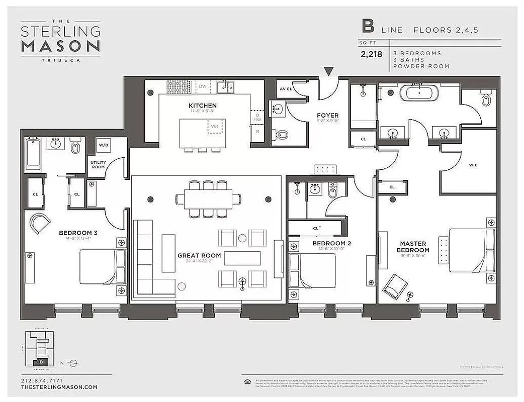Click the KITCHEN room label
coord(202,106)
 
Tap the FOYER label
coord(327,116)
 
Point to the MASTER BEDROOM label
coord(412,246)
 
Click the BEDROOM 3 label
coord(78,233)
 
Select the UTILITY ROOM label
coord(98,166)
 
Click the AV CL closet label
coord(286,89)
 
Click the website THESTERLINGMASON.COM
coord(59,387)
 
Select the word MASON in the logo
coord(60,46)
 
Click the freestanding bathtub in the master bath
coord(419,93)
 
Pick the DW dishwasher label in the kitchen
coord(203,86)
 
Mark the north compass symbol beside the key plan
coord(73,362)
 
